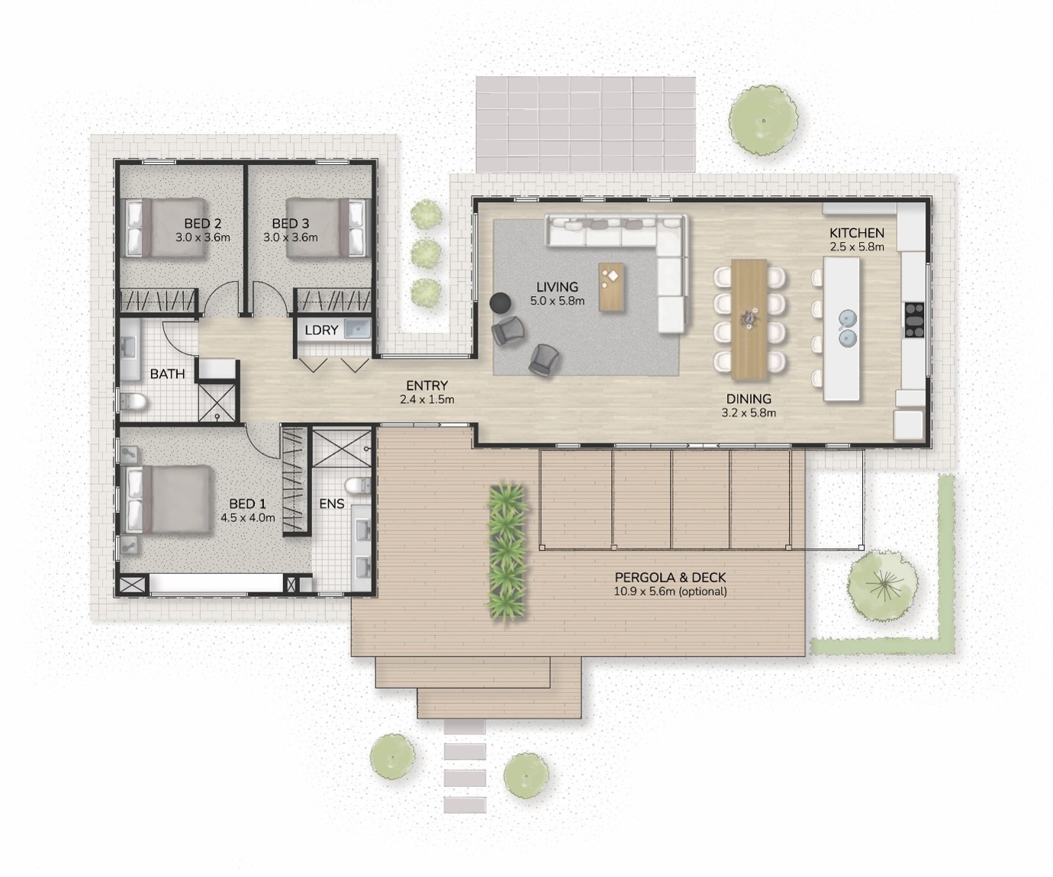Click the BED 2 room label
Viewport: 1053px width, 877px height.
pos(203,223)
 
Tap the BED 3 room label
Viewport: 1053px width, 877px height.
pos(291,223)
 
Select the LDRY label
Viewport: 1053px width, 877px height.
pos(321,330)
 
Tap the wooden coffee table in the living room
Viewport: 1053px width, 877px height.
pos(611,287)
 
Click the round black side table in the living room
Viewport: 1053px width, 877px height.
pos(501,302)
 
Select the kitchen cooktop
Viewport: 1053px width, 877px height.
pos(914,320)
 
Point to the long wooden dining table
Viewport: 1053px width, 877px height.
pos(749,320)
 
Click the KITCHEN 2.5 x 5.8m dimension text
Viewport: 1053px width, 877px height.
pos(857,247)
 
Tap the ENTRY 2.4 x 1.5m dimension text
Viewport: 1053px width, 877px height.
pos(427,400)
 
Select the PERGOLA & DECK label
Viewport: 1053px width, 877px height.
pos(670,577)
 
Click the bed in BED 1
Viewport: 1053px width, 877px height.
pos(168,499)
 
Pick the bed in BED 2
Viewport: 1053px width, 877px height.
pos(166,228)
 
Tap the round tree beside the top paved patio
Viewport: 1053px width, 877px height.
pos(763,121)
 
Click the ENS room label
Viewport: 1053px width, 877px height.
pos(332,504)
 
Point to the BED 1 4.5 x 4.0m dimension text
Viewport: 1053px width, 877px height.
pos(248,517)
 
